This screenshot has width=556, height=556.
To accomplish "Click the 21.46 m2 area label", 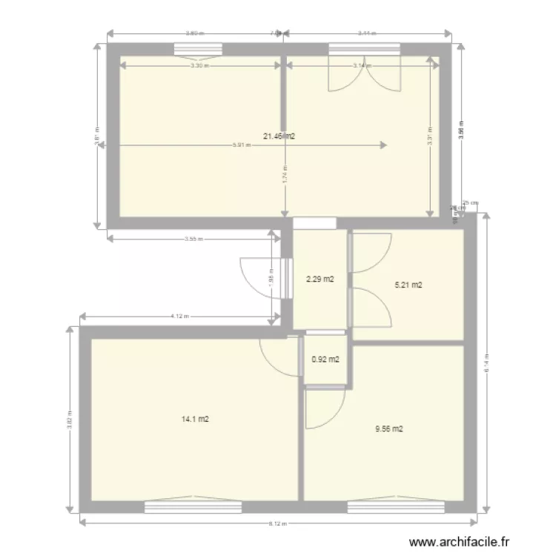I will coord(279,136).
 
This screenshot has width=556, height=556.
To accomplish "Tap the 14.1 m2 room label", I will coord(195,419).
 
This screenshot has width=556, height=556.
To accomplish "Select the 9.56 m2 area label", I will coord(388,428).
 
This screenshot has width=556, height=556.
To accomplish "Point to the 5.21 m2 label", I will coord(407,285).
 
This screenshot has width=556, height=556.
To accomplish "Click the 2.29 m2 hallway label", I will coord(320,279).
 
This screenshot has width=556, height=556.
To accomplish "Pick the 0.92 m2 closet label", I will coord(325,360).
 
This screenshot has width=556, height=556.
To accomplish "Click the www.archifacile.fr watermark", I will coord(460,543).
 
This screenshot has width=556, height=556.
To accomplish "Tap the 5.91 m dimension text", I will coord(240,145).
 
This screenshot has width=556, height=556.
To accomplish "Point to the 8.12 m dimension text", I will coord(276,524).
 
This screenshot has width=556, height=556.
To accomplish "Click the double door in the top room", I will coord(364,74).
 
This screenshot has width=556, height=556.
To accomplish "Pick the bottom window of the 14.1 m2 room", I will coord(193,507).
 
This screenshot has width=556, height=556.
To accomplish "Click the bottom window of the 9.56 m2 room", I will coord(396,507).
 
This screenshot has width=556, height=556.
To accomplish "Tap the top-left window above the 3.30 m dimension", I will coord(198,50).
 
